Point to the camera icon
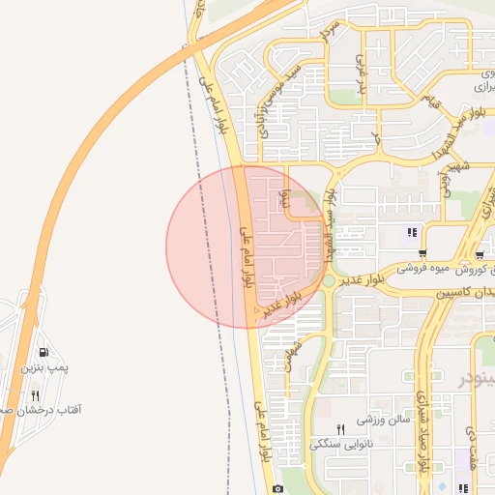tap(278, 488)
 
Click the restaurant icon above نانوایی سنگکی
tap(340, 429)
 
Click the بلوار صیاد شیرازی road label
tap(422, 424)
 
